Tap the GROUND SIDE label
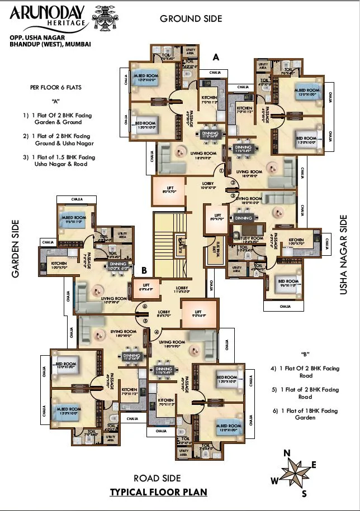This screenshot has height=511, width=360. [x=191, y=18]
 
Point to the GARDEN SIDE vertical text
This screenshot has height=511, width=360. [x=16, y=249]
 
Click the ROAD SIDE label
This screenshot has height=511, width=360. [x=157, y=478]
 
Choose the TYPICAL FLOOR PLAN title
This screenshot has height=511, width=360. [x=158, y=492]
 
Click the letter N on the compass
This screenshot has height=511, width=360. [x=287, y=453]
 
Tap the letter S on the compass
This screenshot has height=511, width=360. [x=304, y=493]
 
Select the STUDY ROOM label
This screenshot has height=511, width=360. [x=249, y=238]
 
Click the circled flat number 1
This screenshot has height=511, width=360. [x=222, y=171]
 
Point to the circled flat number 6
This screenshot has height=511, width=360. [x=144, y=307]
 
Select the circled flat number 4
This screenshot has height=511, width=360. [x=157, y=332]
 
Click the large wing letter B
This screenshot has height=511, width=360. [x=144, y=270]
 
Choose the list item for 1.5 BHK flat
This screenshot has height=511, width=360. [x=59, y=161]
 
